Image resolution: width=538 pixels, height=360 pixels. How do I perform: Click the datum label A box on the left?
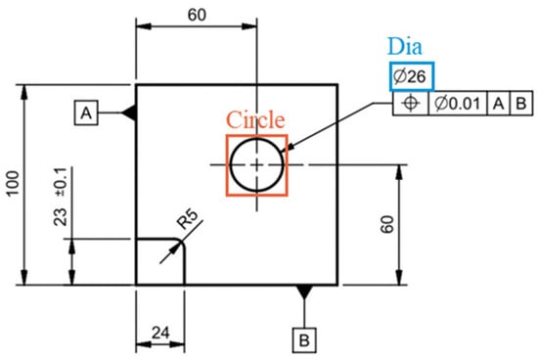tap(86, 112)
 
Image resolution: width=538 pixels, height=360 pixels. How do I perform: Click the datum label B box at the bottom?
tap(304, 340)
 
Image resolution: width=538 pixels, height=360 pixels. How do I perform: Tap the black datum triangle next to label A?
tap(130, 112)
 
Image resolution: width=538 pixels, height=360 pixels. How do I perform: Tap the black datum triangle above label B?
tap(304, 292)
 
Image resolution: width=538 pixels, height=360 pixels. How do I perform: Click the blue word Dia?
tap(405, 46)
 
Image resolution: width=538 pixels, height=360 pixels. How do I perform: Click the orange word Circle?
tap(255, 119)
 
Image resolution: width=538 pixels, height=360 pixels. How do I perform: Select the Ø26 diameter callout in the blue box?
tap(412, 76)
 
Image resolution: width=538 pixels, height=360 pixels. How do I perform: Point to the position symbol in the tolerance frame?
tap(411, 103)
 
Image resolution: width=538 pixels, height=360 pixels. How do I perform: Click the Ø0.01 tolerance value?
tap(458, 103)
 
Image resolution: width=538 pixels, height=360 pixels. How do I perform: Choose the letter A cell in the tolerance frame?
tap(499, 103)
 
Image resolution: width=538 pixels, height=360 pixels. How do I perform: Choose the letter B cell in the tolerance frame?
tap(521, 103)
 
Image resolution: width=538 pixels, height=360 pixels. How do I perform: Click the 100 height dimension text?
tap(14, 183)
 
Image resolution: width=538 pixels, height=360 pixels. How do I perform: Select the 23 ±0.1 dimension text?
tap(61, 197)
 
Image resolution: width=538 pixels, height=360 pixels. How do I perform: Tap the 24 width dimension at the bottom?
tap(160, 333)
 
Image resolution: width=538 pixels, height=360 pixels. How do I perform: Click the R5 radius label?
tap(188, 219)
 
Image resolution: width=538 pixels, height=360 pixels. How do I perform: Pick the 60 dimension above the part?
tap(197, 15)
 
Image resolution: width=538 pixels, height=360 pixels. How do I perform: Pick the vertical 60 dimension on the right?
tap(387, 224)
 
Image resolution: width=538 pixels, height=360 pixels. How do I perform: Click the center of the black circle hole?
tap(257, 164)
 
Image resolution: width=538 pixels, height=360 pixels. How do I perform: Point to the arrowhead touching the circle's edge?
tap(290, 146)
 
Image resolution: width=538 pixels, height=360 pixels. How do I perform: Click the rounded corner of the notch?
tap(181, 243)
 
